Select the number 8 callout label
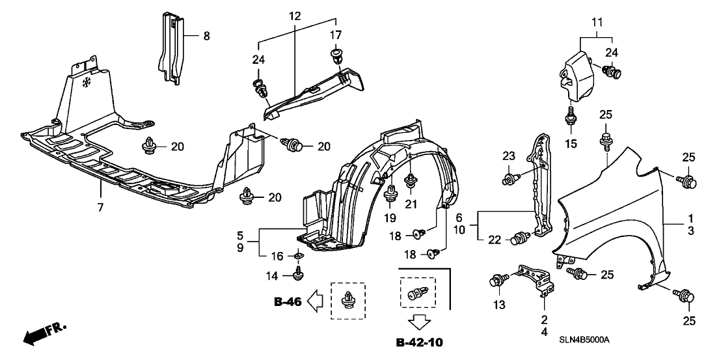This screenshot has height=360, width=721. coord(206,36)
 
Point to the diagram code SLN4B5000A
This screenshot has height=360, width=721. coord(588,340)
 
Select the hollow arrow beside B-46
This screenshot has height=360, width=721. coord(316,300)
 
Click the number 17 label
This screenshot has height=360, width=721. coord(336,35)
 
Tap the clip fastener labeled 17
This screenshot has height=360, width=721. coord(336,57)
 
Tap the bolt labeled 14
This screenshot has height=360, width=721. coord(298,273)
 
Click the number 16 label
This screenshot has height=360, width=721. coord(275,256)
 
